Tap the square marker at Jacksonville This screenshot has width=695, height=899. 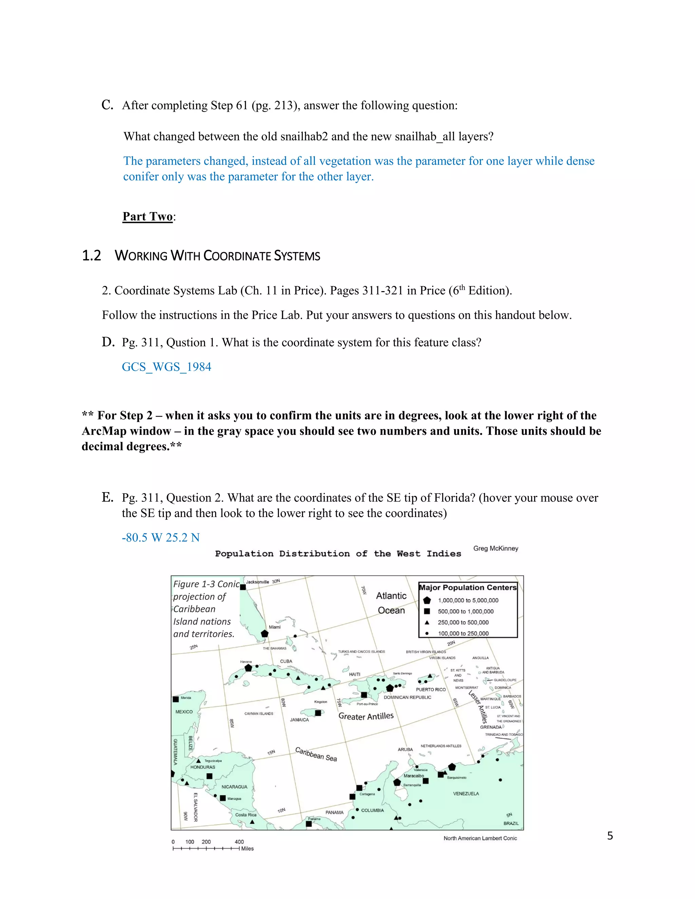tap(243, 587)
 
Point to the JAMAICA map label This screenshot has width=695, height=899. tap(299, 720)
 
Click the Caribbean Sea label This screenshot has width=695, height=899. tap(316, 754)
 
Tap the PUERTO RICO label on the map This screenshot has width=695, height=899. tap(431, 689)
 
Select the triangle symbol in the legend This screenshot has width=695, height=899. tap(427, 623)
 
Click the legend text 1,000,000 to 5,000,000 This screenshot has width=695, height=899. tap(468, 600)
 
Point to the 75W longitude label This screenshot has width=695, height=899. tap(339, 702)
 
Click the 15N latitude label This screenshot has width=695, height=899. tap(271, 752)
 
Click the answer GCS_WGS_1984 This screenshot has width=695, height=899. tap(166, 367)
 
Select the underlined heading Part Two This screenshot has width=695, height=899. tap(147, 216)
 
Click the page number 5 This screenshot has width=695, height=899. tap(610, 836)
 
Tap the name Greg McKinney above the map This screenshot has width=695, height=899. tap(496, 548)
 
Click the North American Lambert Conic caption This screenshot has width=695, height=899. tap(480, 838)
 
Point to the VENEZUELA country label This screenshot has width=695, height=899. tap(466, 793)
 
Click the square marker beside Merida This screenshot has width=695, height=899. tap(176, 699)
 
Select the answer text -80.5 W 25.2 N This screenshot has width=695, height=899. tap(161, 538)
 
